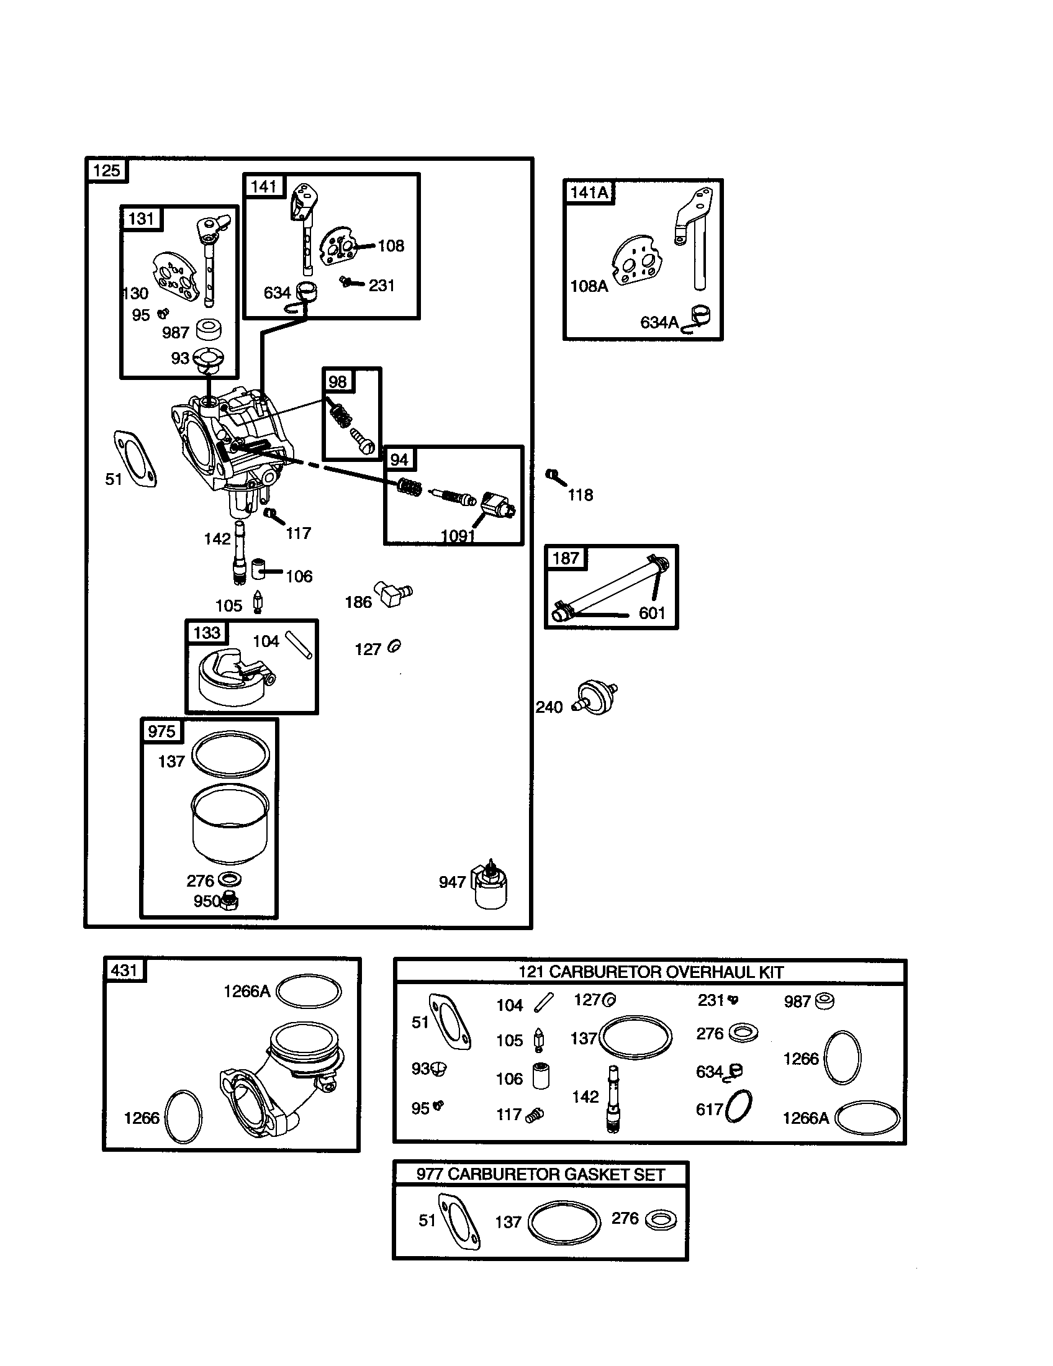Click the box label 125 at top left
(x=106, y=171)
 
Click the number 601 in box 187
(x=651, y=613)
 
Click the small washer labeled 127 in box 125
(x=394, y=647)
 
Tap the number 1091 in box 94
(x=458, y=535)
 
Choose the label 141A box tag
(x=589, y=192)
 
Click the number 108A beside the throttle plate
(x=589, y=286)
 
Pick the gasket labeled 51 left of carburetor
(x=135, y=458)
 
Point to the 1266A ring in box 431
(x=309, y=992)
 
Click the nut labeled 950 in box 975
(x=230, y=902)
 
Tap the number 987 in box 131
(x=175, y=333)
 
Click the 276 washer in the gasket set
(x=661, y=1220)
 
